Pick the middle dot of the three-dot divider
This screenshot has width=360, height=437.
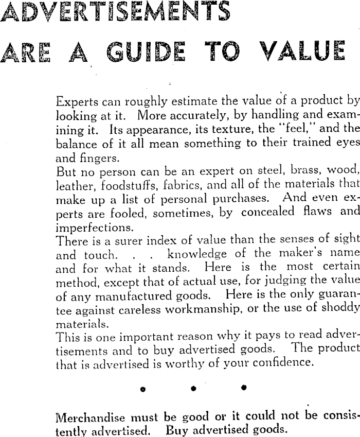click(x=194, y=388)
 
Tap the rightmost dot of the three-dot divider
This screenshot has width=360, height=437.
click(x=243, y=387)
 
